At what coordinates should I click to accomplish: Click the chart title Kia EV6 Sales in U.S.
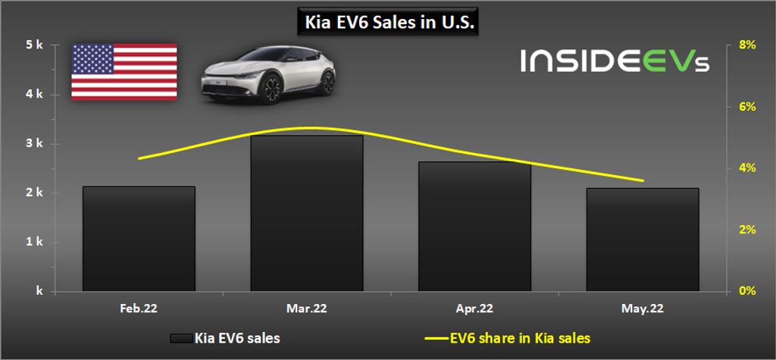pyautogui.click(x=387, y=22)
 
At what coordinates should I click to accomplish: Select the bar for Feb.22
pyautogui.click(x=139, y=239)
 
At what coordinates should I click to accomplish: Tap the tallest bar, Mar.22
pyautogui.click(x=307, y=214)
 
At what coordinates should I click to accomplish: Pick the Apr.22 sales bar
pyautogui.click(x=474, y=227)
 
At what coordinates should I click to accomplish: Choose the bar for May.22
pyautogui.click(x=643, y=239)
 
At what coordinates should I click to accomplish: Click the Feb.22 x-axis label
pyautogui.click(x=139, y=308)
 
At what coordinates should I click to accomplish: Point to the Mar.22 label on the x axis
pyautogui.click(x=307, y=308)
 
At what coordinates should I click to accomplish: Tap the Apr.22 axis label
pyautogui.click(x=474, y=308)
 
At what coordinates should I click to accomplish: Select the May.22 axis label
pyautogui.click(x=643, y=308)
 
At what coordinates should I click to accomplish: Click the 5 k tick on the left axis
pyautogui.click(x=35, y=45)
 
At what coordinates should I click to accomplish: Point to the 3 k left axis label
pyautogui.click(x=35, y=144)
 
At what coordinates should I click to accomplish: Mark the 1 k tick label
pyautogui.click(x=35, y=242)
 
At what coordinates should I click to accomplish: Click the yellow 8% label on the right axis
pyautogui.click(x=747, y=45)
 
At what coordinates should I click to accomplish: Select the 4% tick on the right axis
pyautogui.click(x=747, y=168)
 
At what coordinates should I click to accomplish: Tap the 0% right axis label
pyautogui.click(x=747, y=291)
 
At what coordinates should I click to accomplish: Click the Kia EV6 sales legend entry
pyautogui.click(x=225, y=339)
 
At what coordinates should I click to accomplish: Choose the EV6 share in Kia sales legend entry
pyautogui.click(x=508, y=339)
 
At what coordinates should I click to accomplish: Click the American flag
pyautogui.click(x=124, y=72)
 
